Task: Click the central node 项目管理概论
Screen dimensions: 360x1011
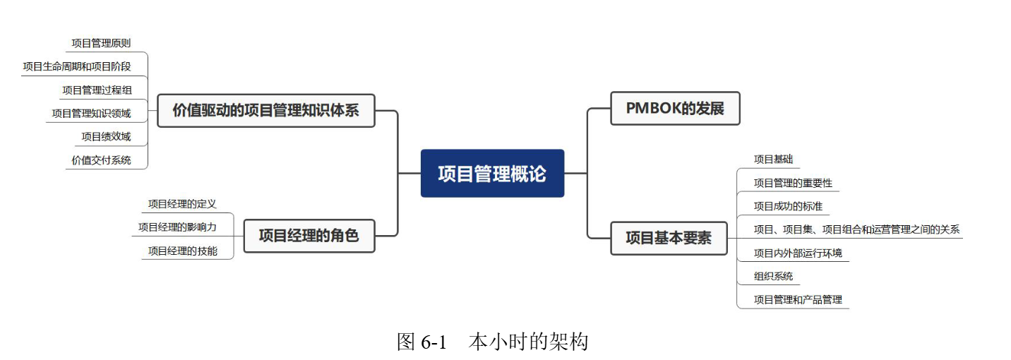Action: coord(492,174)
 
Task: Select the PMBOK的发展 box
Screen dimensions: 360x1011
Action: coord(674,109)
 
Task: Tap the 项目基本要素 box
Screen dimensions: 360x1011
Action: coord(668,238)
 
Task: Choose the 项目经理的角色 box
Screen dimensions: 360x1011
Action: coord(309,236)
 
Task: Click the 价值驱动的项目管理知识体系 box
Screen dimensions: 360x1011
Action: coord(265,111)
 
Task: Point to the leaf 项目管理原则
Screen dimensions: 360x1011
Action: coord(101,43)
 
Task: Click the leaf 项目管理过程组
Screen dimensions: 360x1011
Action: coord(96,90)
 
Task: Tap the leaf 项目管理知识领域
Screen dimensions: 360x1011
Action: coord(91,113)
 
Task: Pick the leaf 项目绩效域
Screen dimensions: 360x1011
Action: coord(106,136)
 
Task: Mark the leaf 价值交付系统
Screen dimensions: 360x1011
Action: coord(101,160)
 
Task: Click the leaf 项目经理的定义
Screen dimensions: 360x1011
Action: coord(182,204)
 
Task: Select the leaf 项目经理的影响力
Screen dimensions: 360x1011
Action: coord(177,227)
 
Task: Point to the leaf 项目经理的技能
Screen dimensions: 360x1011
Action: coord(182,251)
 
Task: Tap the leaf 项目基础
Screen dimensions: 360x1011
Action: coord(773,160)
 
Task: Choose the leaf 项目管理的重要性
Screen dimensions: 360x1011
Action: coord(793,183)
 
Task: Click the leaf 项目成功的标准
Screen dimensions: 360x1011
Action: coord(788,206)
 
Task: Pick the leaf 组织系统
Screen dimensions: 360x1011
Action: coord(773,276)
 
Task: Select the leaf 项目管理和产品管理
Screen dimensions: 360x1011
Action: coord(798,299)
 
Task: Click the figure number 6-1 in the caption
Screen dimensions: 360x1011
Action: coord(434,343)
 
